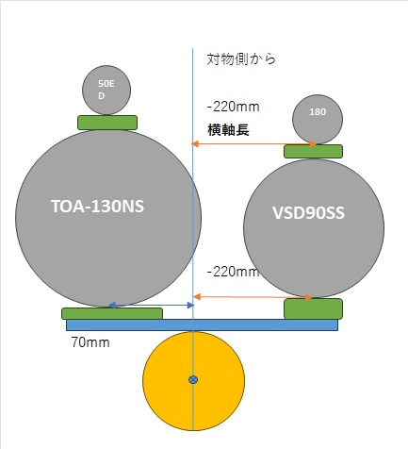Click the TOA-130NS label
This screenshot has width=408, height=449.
(97, 207)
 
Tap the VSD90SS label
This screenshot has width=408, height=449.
(308, 213)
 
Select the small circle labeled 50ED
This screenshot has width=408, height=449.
(106, 90)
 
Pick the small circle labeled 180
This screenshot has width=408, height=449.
(318, 119)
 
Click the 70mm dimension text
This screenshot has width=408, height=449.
(90, 342)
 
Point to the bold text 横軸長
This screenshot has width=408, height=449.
(228, 129)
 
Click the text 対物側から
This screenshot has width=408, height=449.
(241, 59)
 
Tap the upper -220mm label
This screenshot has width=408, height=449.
(234, 107)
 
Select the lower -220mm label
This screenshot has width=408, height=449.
(233, 272)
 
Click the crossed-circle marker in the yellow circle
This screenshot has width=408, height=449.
(193, 380)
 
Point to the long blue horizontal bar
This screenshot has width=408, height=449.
(202, 325)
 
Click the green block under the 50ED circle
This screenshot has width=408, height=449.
(107, 123)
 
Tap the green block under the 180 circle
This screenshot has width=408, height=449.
(313, 152)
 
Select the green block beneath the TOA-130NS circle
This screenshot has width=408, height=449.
(112, 313)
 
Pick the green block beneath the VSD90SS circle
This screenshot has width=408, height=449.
(313, 308)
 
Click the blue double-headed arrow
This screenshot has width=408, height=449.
(152, 305)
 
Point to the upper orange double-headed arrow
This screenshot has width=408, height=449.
(254, 144)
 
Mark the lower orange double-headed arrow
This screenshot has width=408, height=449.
(253, 297)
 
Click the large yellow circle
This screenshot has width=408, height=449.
(193, 381)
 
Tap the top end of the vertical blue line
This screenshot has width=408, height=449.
(193, 49)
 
